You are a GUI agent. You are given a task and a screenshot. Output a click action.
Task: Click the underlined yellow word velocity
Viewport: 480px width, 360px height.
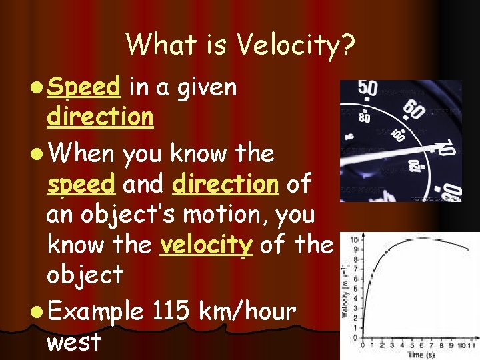tap(206, 245)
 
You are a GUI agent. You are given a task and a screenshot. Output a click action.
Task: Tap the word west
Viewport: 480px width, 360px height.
tap(74, 341)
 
